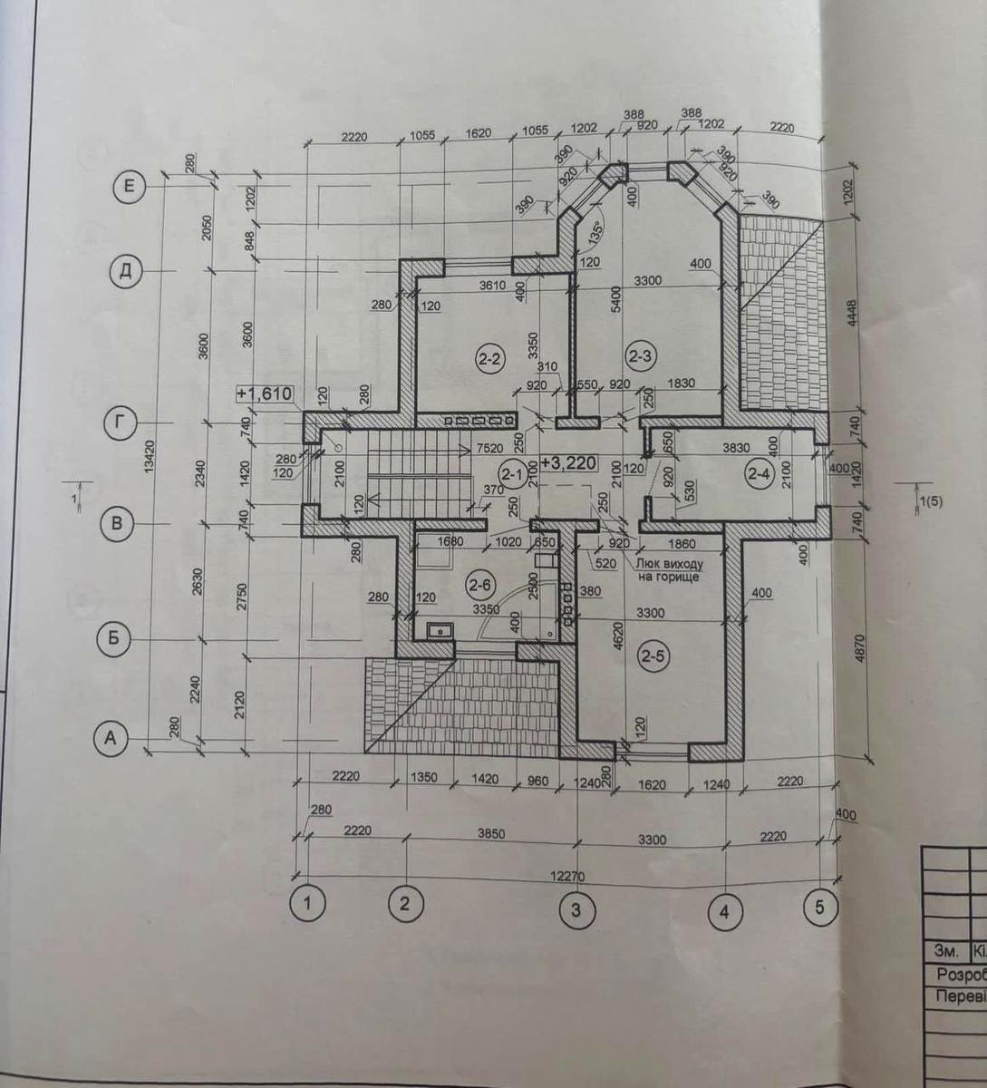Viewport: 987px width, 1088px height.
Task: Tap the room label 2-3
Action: click(641, 355)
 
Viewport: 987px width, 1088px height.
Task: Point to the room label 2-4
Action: click(758, 472)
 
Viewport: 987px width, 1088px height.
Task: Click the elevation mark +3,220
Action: click(568, 462)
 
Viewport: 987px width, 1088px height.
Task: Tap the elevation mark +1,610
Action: click(264, 393)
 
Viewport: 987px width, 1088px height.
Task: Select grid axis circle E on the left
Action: click(129, 187)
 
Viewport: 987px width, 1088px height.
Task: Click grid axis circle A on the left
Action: click(111, 738)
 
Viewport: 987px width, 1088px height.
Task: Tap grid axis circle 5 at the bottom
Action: click(819, 908)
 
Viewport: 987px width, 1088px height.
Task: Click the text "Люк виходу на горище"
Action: click(667, 569)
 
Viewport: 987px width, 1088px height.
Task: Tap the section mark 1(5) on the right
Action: click(929, 500)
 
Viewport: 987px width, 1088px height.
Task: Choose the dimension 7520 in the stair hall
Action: click(489, 447)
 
